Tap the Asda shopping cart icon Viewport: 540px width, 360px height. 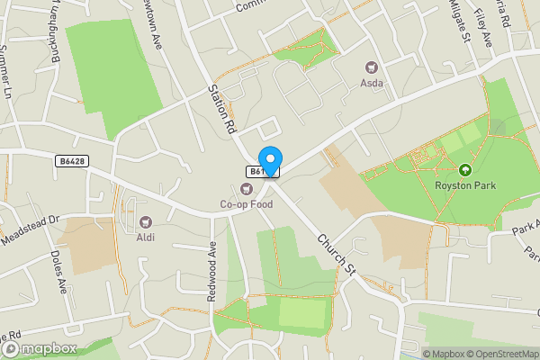371,67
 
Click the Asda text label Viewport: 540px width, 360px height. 372,84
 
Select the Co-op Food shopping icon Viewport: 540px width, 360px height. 246,188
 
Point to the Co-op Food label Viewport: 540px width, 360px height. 246,204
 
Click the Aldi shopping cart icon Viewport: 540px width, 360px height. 145,220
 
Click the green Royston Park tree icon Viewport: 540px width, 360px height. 465,169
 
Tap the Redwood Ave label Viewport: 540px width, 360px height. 214,272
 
